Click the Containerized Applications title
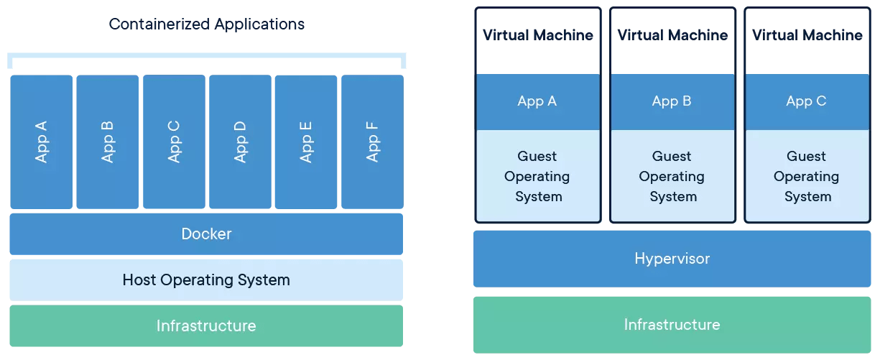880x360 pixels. (x=207, y=24)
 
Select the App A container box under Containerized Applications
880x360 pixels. (x=41, y=142)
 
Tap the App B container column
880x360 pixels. (x=107, y=142)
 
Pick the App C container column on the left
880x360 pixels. (x=174, y=142)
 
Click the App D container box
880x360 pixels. (x=240, y=142)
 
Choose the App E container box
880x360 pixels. (x=306, y=142)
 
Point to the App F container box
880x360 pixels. (x=372, y=142)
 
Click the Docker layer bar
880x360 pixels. (x=206, y=234)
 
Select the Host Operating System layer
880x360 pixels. (x=206, y=280)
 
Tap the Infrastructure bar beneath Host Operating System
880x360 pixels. (x=206, y=326)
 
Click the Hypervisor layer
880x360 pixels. (x=672, y=259)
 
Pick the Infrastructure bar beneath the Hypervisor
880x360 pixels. (x=672, y=325)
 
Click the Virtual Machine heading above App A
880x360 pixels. (x=537, y=35)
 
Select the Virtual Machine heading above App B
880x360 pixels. (x=672, y=35)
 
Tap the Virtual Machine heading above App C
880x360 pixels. (x=807, y=35)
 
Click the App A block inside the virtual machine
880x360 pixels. (x=537, y=101)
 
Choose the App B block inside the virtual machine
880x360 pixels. (x=672, y=101)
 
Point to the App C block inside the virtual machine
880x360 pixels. (x=807, y=101)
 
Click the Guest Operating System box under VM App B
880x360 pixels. (x=672, y=176)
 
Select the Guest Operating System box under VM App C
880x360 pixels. (x=807, y=176)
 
